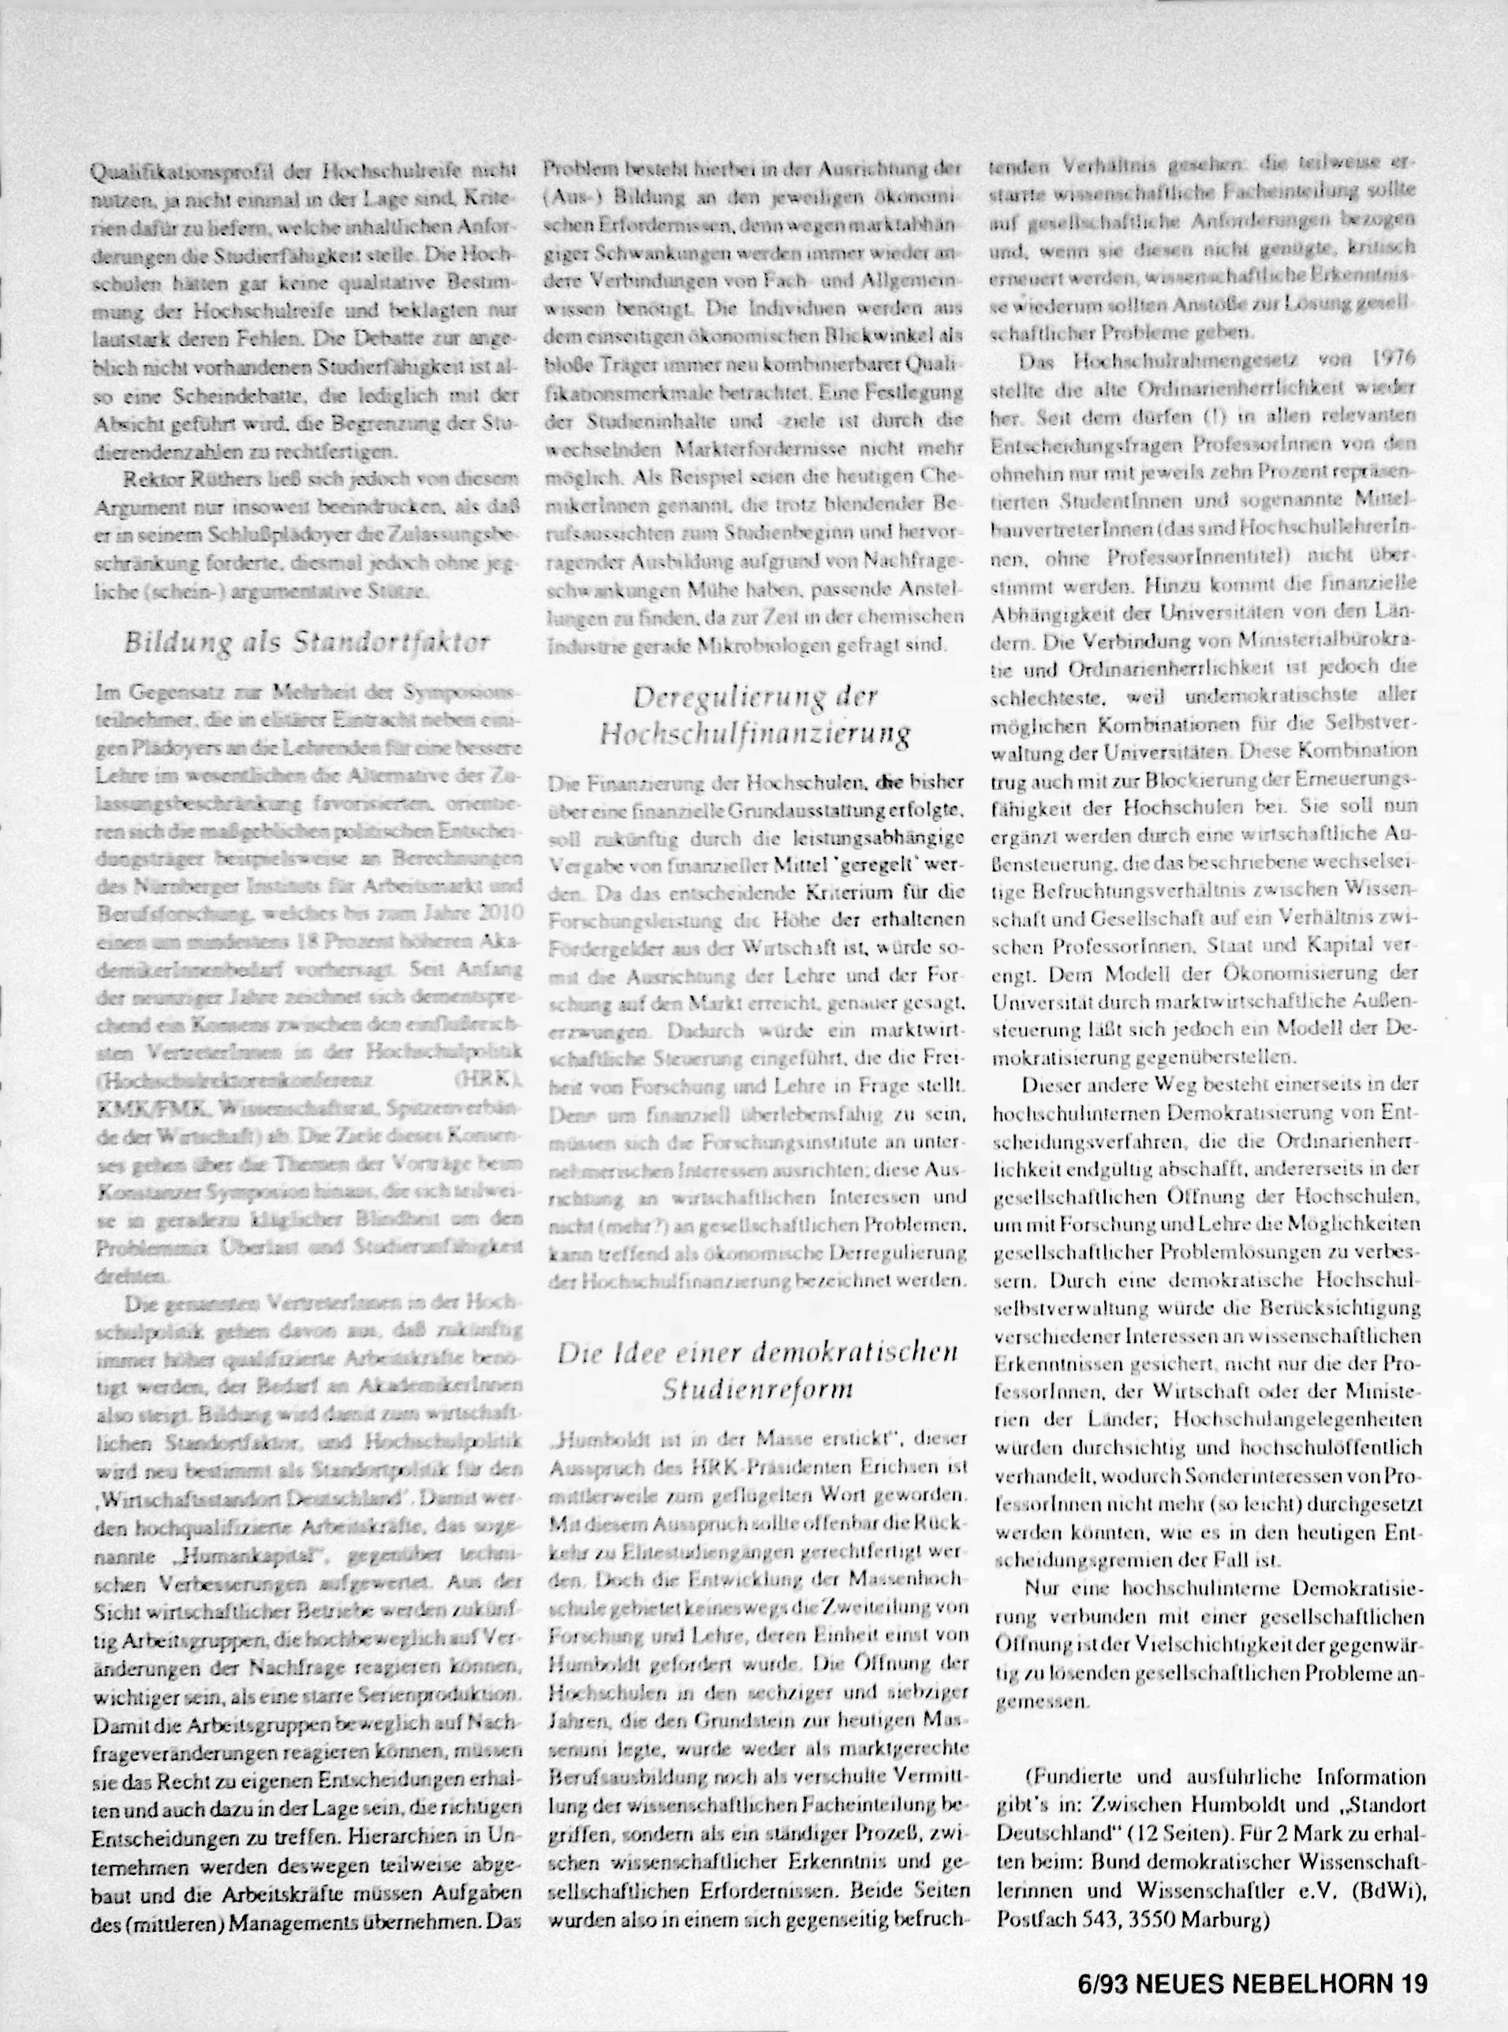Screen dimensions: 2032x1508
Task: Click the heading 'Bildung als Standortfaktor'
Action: tap(308, 643)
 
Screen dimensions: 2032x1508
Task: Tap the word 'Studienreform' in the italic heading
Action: tap(758, 1389)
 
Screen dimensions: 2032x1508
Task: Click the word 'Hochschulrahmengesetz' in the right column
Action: tap(1166, 360)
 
